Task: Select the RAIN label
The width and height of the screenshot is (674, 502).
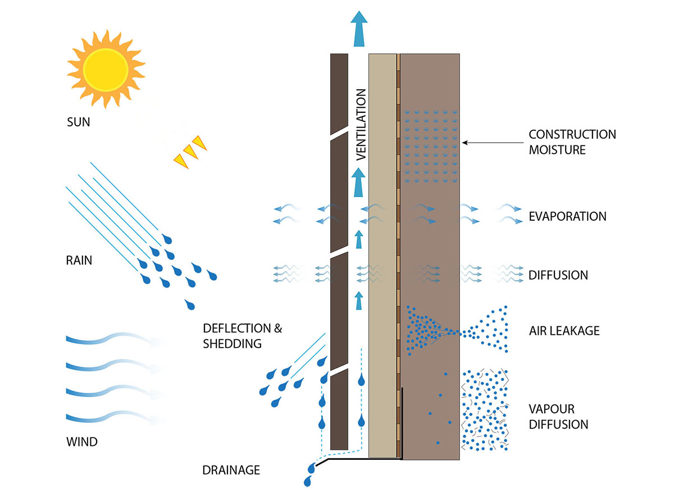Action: pyautogui.click(x=79, y=261)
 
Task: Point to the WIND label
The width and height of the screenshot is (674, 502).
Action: pyautogui.click(x=81, y=442)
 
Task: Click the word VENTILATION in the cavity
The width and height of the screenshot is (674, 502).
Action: pyautogui.click(x=361, y=125)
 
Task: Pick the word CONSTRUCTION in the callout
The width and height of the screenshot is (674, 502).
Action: pyautogui.click(x=572, y=135)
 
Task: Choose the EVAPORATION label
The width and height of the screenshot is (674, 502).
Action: pyautogui.click(x=567, y=216)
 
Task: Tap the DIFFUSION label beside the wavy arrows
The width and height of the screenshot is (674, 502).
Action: pyautogui.click(x=558, y=275)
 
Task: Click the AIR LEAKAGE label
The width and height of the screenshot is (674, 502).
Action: pyautogui.click(x=564, y=331)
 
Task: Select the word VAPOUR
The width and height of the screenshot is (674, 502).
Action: pyautogui.click(x=552, y=409)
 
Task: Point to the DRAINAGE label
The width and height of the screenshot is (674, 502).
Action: pyautogui.click(x=231, y=470)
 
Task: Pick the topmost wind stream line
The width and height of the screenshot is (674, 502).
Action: pyautogui.click(x=112, y=340)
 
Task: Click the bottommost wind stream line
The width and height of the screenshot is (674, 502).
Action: pyautogui.click(x=112, y=419)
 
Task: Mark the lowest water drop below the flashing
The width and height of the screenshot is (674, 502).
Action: pyautogui.click(x=307, y=481)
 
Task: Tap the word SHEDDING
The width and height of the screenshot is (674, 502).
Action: pyautogui.click(x=232, y=343)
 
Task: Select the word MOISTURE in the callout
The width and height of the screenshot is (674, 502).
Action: pyautogui.click(x=557, y=150)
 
